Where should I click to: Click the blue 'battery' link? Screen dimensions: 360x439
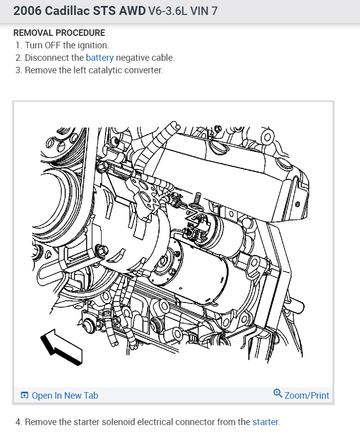click(x=100, y=57)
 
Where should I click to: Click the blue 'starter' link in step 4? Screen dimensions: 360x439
click(x=265, y=422)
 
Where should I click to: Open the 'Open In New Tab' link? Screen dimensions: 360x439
click(x=65, y=396)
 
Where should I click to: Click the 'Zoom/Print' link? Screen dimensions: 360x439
click(x=307, y=396)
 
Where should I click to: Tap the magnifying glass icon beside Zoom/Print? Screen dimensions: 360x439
click(x=278, y=394)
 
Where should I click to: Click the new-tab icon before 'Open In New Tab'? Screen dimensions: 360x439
click(x=24, y=396)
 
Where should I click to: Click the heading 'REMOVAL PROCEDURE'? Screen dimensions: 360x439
click(x=59, y=33)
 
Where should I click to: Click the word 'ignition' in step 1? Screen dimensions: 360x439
click(x=92, y=45)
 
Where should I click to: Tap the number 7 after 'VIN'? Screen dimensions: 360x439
click(x=215, y=11)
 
